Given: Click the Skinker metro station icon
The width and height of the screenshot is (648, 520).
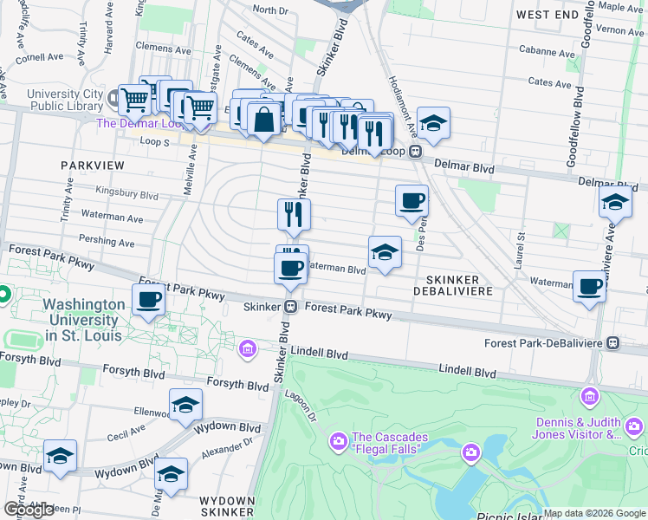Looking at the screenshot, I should [x=292, y=307].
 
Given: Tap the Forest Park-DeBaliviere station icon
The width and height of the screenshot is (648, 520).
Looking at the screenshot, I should [x=613, y=342].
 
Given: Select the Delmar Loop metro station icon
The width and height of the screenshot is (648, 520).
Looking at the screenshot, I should [x=416, y=152].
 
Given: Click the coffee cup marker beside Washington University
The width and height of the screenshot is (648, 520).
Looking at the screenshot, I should [x=148, y=302].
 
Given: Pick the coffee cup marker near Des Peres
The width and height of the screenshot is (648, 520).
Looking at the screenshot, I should [x=412, y=200].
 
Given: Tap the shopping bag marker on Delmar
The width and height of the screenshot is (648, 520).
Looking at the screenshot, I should [x=264, y=119].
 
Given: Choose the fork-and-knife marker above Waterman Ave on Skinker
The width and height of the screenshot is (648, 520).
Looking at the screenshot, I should [x=294, y=214].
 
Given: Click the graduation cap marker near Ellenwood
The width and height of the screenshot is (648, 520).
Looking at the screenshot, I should [x=185, y=406].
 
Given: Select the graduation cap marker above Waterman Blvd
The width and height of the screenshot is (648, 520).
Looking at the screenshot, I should [x=385, y=252].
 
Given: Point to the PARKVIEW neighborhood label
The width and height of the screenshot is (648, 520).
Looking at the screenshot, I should [x=93, y=165].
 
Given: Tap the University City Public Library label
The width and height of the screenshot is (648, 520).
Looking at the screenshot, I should [x=64, y=101].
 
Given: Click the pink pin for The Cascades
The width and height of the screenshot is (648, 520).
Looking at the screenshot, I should [x=337, y=442].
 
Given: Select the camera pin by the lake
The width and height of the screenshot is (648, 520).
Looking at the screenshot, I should [x=470, y=452].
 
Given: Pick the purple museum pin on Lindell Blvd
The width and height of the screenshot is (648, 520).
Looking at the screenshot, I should [x=248, y=349].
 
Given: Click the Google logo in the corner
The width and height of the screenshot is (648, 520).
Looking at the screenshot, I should [x=29, y=510].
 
